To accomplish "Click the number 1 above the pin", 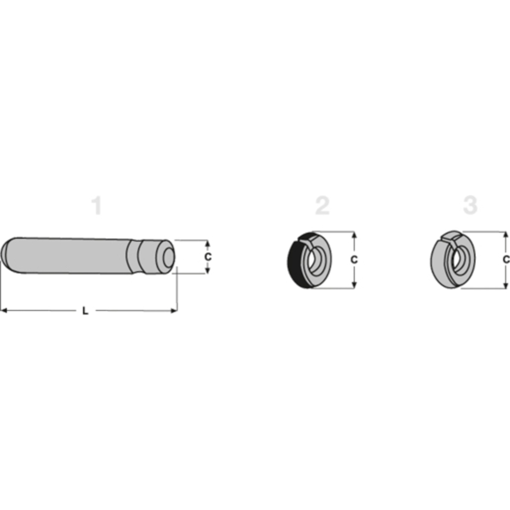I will (x=96, y=206).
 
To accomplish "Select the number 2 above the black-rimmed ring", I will (x=322, y=206).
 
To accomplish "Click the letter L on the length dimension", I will (x=85, y=311).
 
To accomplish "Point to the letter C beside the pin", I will (x=208, y=257).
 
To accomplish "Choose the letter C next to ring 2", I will (x=354, y=260).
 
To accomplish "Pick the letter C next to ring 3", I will (x=505, y=260).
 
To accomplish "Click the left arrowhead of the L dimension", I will (x=3, y=310).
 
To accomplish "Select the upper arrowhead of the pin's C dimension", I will (x=208, y=243).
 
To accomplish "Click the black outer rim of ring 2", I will (x=293, y=263).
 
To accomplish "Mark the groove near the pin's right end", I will (x=137, y=257).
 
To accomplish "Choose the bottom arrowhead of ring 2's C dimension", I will (x=354, y=285).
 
